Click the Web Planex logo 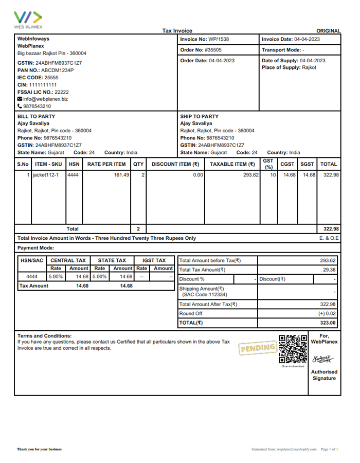pyautogui.click(x=28, y=20)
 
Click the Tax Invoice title pyautogui.click(x=177, y=31)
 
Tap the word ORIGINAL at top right pyautogui.click(x=328, y=31)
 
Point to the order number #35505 pyautogui.click(x=213, y=50)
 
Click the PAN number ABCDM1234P pyautogui.click(x=57, y=70)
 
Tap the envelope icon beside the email pyautogui.click(x=20, y=99)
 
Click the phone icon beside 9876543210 pyautogui.click(x=20, y=106)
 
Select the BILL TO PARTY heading pyautogui.click(x=36, y=116)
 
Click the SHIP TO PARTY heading pyautogui.click(x=199, y=116)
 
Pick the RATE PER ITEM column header pyautogui.click(x=106, y=165)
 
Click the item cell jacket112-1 pyautogui.click(x=46, y=175)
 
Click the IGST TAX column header pyautogui.click(x=154, y=261)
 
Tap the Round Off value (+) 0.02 pyautogui.click(x=327, y=314)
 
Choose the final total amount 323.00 pyautogui.click(x=328, y=323)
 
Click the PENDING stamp pyautogui.click(x=257, y=348)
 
